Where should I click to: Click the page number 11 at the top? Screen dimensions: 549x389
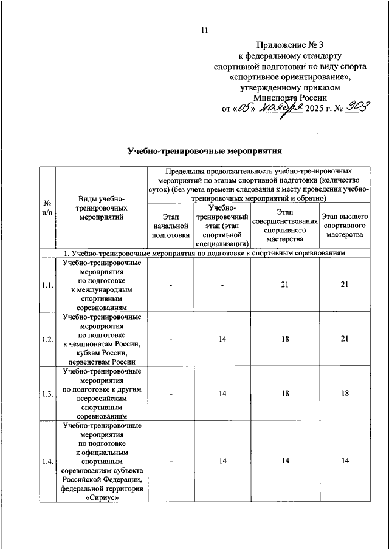[x=204, y=31]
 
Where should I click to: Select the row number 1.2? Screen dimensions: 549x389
[x=47, y=340]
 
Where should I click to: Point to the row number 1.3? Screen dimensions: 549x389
[x=47, y=394]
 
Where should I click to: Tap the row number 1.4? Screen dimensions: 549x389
[x=47, y=462]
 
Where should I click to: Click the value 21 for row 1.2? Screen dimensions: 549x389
[x=345, y=340]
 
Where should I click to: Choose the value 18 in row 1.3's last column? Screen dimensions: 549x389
[x=345, y=394]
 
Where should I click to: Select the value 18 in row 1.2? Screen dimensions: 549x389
[x=285, y=340]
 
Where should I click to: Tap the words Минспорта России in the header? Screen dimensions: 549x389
[x=291, y=97]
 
